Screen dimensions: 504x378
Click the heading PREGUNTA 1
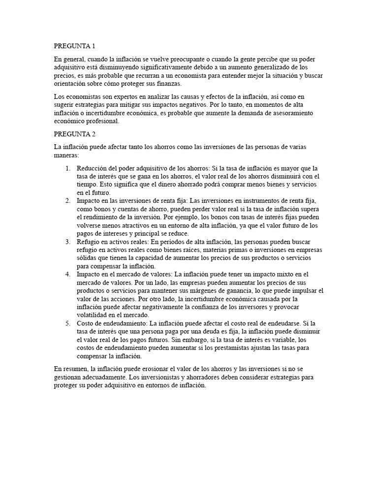74,46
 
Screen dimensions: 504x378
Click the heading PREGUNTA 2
74,133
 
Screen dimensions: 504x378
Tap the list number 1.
67,168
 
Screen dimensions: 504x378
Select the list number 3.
67,242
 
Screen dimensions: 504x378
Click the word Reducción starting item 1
94,168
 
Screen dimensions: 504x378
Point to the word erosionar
156,369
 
